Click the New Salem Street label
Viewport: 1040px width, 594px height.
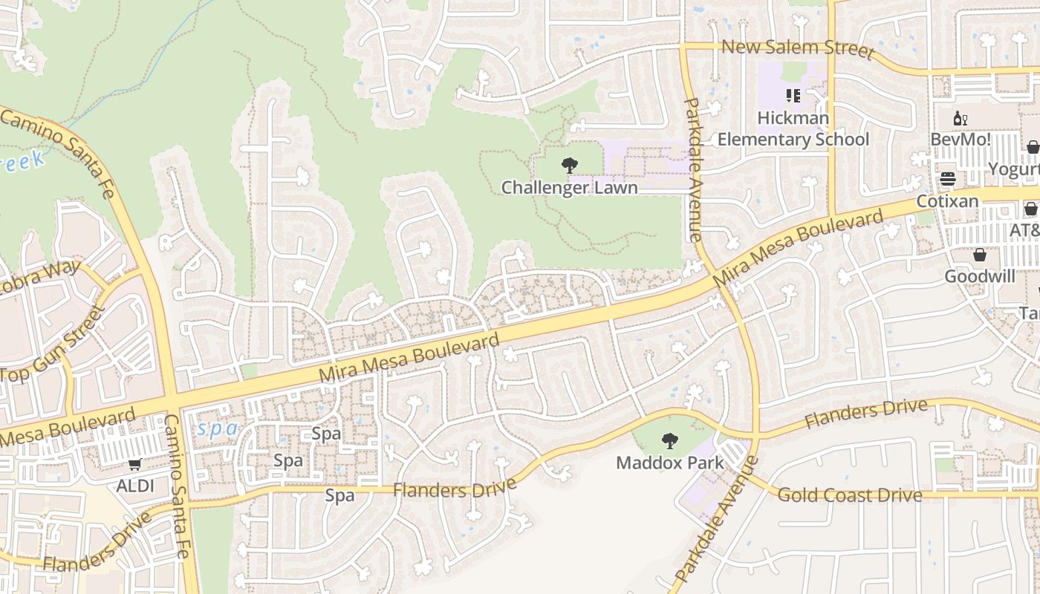(x=797, y=48)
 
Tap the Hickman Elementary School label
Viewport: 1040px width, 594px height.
(x=793, y=128)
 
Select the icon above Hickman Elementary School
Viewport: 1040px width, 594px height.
(x=793, y=96)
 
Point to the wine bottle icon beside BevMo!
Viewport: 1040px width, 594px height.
(x=961, y=118)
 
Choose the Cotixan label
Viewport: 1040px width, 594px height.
(x=947, y=201)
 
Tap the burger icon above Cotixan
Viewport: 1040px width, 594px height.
(x=947, y=180)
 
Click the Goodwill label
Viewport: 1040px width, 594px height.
(x=980, y=276)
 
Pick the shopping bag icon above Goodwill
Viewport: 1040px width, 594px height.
(x=980, y=255)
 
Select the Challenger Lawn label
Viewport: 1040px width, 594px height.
(x=569, y=187)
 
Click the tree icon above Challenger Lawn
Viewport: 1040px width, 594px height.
(x=570, y=166)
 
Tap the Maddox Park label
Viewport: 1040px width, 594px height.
(x=669, y=463)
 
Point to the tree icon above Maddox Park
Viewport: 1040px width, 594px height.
(x=669, y=441)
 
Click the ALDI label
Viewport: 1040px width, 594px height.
(x=135, y=486)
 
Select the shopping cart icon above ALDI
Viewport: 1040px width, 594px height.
(x=134, y=465)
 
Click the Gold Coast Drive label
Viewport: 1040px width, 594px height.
(x=850, y=495)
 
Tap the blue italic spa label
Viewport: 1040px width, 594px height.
(x=217, y=428)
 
